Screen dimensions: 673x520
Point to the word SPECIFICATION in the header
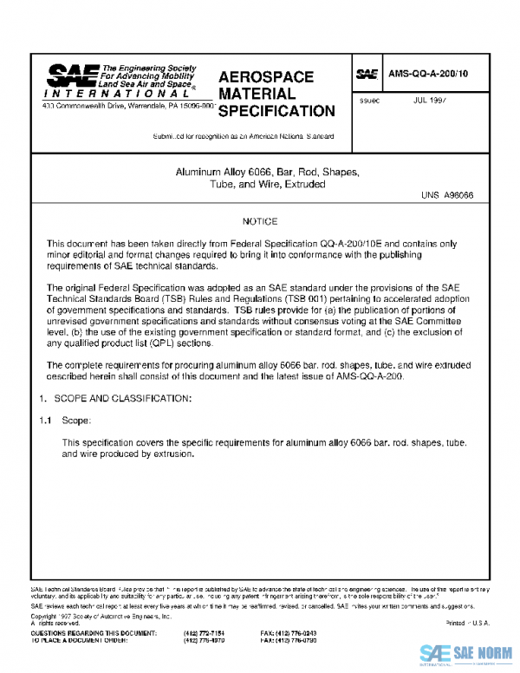276,111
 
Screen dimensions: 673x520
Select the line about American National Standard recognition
244,137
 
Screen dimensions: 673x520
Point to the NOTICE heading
259,222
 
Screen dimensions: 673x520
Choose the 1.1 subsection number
45,420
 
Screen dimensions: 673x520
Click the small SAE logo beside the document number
367,75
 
